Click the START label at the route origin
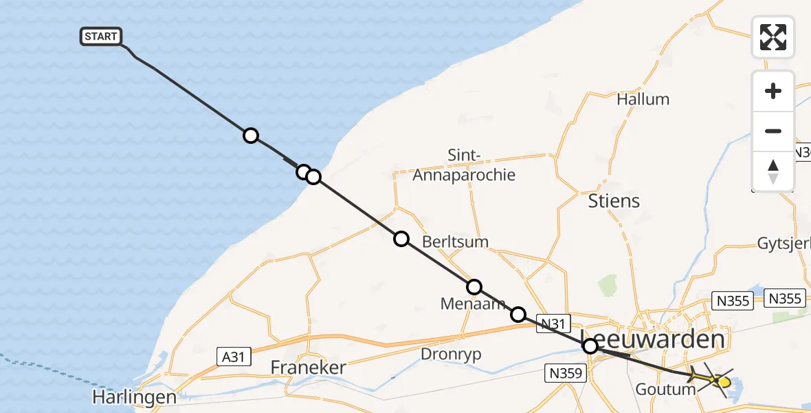(101, 36)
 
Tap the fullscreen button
(773, 36)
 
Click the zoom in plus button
(773, 91)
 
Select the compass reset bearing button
(773, 171)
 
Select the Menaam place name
(473, 304)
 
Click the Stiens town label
(614, 201)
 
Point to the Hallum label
(643, 99)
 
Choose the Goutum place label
(666, 390)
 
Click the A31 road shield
(234, 357)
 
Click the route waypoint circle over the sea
(251, 136)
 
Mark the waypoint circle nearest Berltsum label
(401, 239)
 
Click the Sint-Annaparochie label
(463, 165)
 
